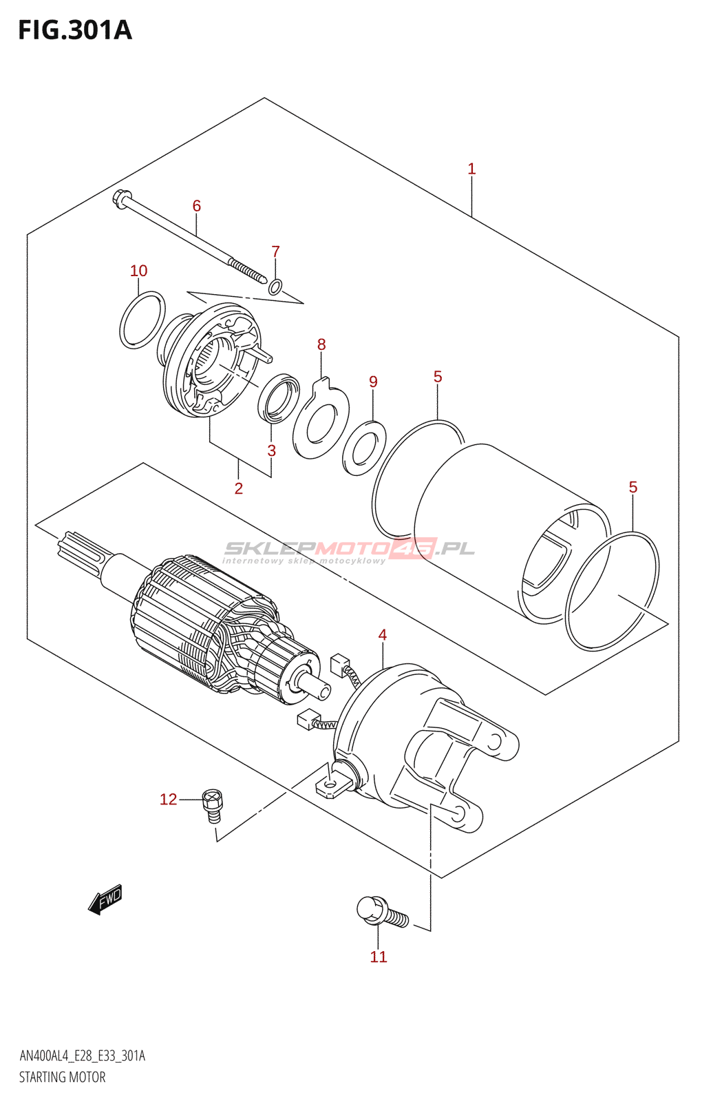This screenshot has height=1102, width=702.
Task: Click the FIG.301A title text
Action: coord(75,30)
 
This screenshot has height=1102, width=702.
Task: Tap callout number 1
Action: coord(471,169)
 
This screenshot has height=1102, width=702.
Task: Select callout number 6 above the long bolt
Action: coord(197,206)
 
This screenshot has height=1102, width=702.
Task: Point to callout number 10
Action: coord(138,270)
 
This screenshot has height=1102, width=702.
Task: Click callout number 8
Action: coord(321,344)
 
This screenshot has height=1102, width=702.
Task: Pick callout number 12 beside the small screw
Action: coord(168,800)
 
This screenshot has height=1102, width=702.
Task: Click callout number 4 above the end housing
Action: coord(383,634)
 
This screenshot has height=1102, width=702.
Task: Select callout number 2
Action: coord(238,488)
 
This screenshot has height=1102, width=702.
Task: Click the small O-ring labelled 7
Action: coord(276,287)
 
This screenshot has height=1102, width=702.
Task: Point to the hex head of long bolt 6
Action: coord(122,199)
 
